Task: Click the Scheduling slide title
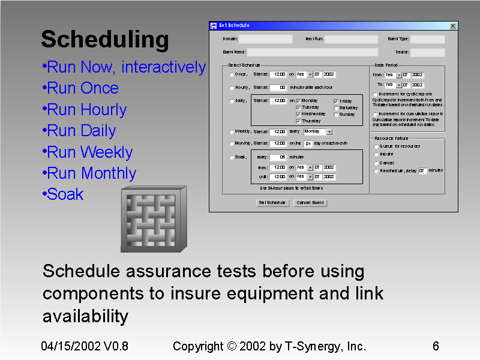pos(105,40)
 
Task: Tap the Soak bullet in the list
pos(65,194)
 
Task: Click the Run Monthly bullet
pos(91,173)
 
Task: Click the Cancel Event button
pos(310,203)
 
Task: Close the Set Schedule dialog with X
pos(453,26)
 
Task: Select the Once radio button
pos(232,75)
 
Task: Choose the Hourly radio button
pos(232,88)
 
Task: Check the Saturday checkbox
pos(336,108)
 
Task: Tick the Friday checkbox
pos(336,101)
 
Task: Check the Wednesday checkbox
pos(298,114)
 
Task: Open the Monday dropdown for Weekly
pos(329,131)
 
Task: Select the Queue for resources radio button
pos(376,146)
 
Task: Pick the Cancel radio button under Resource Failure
pos(376,163)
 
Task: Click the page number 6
pos(436,346)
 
